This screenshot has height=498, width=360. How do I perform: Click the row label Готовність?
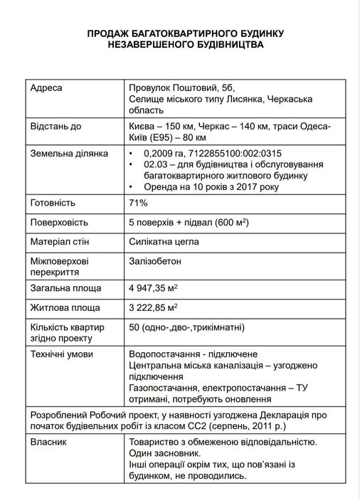tap(53, 203)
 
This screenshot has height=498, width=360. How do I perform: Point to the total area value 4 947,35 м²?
tap(153, 290)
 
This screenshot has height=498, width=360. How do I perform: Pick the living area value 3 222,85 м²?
tap(153, 308)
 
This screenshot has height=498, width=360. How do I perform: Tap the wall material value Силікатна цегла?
tap(164, 242)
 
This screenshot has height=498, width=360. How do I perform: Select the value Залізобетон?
tap(155, 261)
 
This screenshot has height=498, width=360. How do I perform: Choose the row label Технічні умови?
tap(63, 354)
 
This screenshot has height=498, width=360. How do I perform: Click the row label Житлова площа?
tap(63, 308)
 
